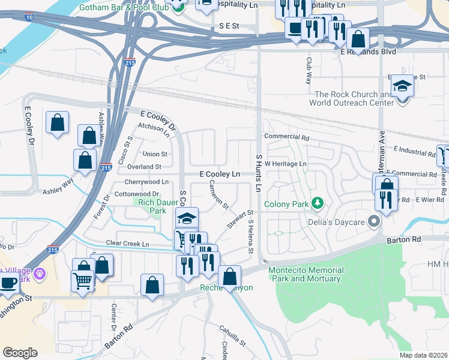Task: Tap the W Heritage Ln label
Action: pos(286,163)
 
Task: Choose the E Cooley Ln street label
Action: pos(220,173)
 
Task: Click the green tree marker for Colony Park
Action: pos(316,204)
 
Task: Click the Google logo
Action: pos(20,353)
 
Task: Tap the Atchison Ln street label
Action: pos(154,127)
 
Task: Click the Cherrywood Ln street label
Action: pos(146,182)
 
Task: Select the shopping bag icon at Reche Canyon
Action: pos(229,277)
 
